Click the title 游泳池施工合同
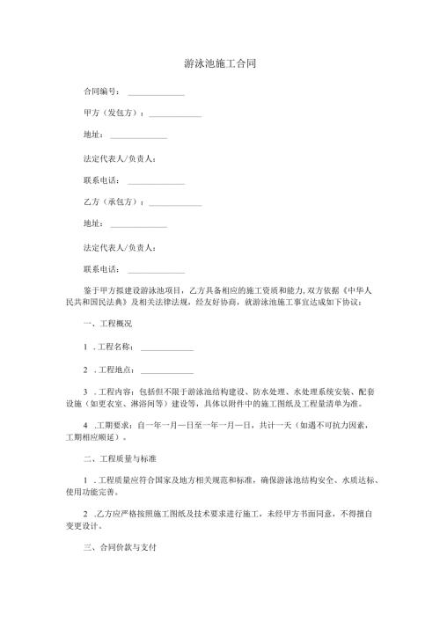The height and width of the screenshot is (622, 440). click(x=220, y=65)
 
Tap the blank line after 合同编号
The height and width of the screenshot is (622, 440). click(x=156, y=93)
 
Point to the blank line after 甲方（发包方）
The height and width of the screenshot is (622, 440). click(x=175, y=116)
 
